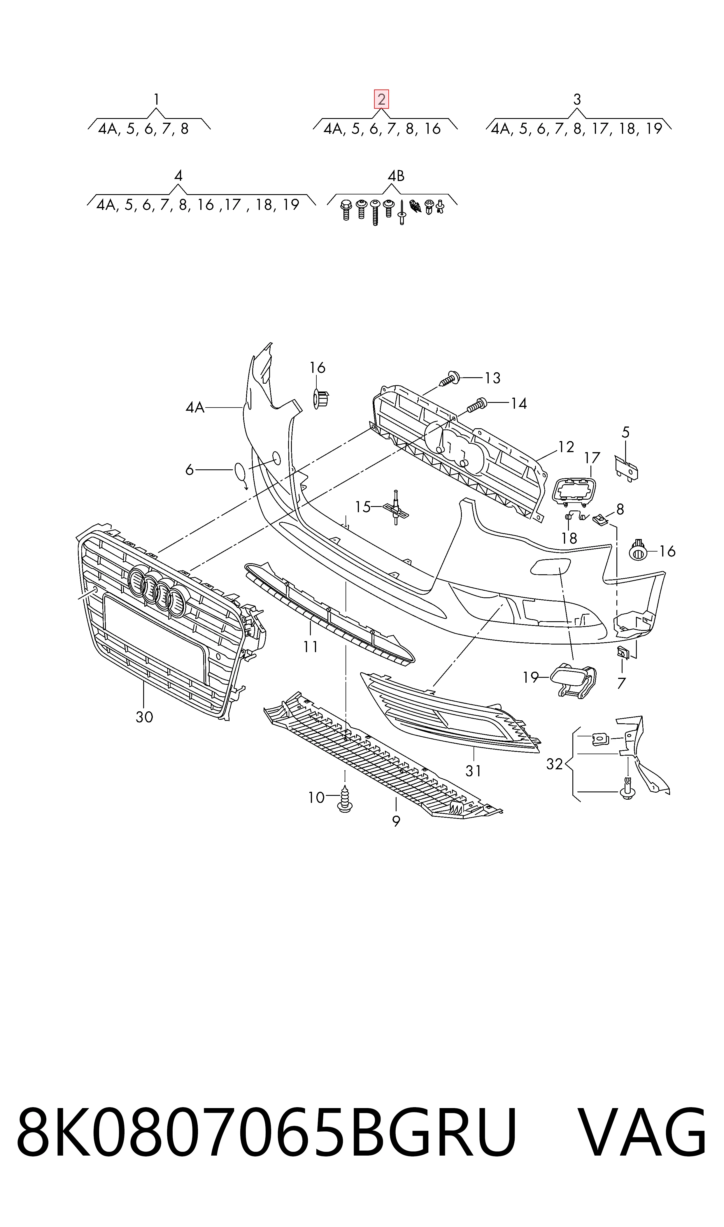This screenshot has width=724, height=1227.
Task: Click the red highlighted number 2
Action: tap(381, 99)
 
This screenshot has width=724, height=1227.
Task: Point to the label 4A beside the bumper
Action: tap(195, 407)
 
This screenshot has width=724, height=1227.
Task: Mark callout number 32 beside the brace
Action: tap(555, 764)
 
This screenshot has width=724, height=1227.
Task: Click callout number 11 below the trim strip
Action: tap(310, 647)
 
